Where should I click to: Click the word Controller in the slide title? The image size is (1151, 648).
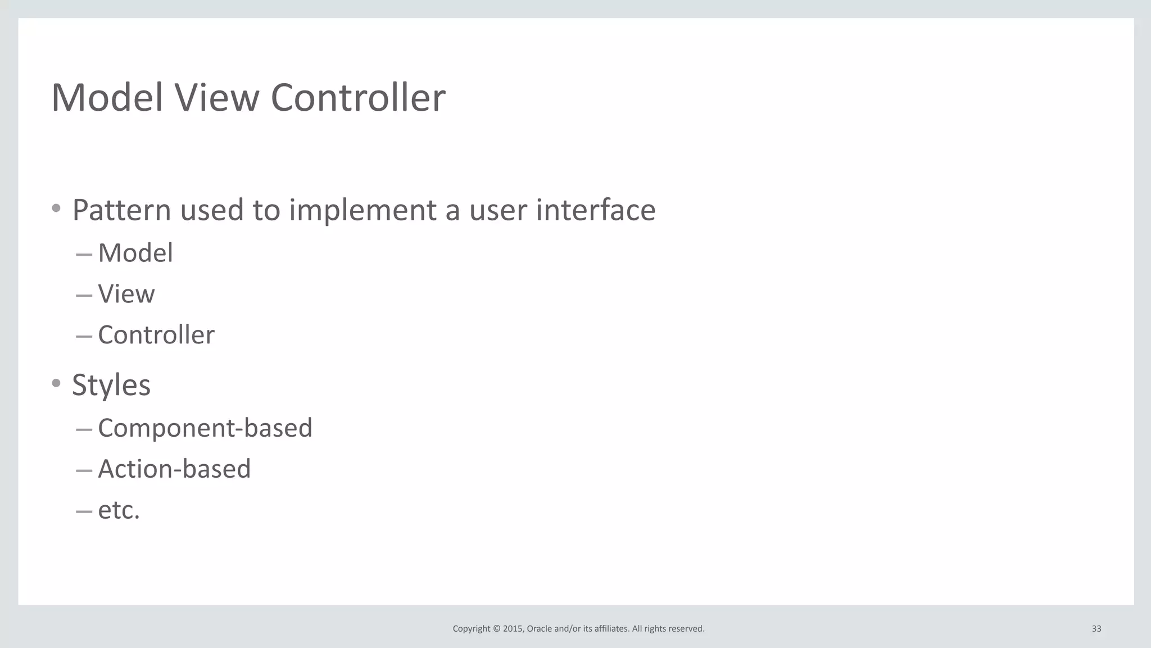pyautogui.click(x=357, y=98)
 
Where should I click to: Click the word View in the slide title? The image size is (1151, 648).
pyautogui.click(x=216, y=98)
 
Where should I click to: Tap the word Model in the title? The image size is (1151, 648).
pyautogui.click(x=107, y=98)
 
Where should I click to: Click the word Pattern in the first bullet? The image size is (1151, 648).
pyautogui.click(x=121, y=210)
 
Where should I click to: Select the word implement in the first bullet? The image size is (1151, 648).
pyautogui.click(x=362, y=210)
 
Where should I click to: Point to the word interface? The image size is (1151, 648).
pyautogui.click(x=595, y=210)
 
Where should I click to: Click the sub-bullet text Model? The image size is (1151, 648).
pyautogui.click(x=135, y=253)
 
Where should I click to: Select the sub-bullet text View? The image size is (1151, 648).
pyautogui.click(x=126, y=294)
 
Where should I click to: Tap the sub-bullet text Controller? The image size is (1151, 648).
pyautogui.click(x=156, y=335)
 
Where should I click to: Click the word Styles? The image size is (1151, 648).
pyautogui.click(x=111, y=385)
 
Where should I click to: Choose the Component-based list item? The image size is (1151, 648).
pyautogui.click(x=205, y=428)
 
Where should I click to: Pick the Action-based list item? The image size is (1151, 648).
pyautogui.click(x=174, y=469)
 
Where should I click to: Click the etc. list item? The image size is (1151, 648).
pyautogui.click(x=118, y=510)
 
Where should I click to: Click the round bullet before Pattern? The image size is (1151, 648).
pyautogui.click(x=56, y=209)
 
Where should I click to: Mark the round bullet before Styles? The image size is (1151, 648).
pyautogui.click(x=56, y=383)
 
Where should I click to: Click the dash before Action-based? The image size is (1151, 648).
pyautogui.click(x=84, y=470)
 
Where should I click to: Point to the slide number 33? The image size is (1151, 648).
pyautogui.click(x=1096, y=629)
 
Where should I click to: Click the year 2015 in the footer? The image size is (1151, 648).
pyautogui.click(x=513, y=629)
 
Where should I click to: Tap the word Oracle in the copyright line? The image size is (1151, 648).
pyautogui.click(x=539, y=629)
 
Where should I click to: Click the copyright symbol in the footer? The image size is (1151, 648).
pyautogui.click(x=496, y=629)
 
